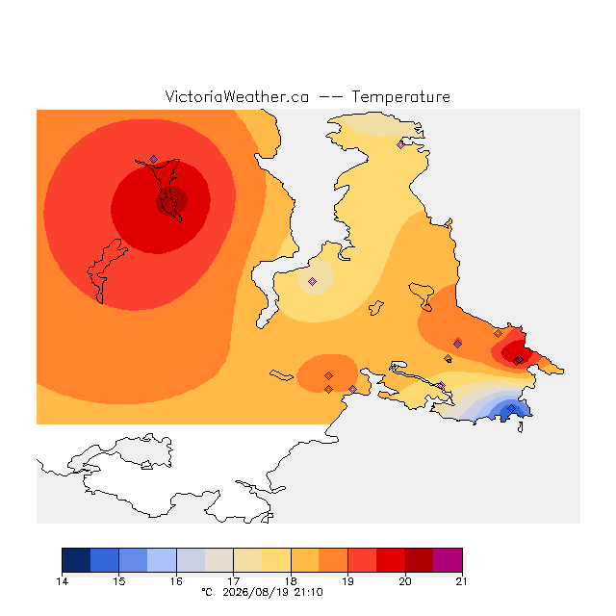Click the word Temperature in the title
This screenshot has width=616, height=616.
400,97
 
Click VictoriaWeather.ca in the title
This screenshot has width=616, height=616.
237,97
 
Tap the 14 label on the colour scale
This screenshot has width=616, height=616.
62,581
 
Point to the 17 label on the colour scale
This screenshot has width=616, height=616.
233,581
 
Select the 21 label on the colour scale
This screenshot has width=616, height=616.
462,581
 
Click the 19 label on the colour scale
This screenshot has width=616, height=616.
347,581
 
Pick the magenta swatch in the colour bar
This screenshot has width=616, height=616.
448,560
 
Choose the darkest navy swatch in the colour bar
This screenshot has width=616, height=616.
76,560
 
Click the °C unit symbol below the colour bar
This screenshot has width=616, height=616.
207,592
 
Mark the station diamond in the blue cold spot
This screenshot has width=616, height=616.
511,408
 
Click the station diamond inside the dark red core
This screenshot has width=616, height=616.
175,199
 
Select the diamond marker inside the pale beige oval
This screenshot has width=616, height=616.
312,281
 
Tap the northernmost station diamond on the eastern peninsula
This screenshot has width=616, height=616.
400,144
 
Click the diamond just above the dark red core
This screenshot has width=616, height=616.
153,159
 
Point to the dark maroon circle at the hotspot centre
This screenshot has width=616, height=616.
171,201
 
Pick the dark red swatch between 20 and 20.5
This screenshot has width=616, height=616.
420,560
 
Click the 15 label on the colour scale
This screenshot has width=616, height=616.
119,581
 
